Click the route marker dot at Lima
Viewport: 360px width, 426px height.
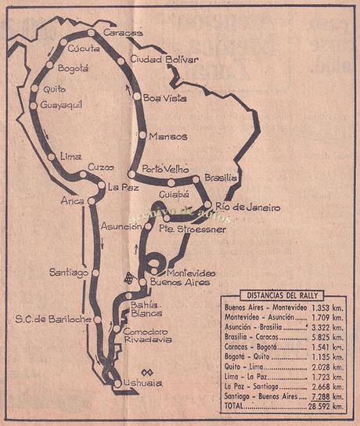51,157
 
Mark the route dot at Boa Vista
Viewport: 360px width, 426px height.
137,97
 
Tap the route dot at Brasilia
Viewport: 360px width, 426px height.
196,179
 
